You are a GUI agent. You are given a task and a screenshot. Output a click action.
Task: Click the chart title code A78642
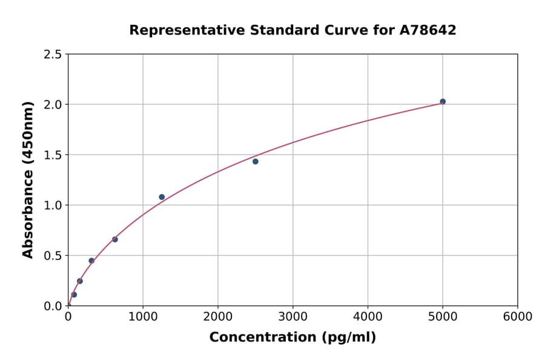coord(428,30)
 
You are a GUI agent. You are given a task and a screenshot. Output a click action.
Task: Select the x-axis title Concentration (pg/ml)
coord(292,338)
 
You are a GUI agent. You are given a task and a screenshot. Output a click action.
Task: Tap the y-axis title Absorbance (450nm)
coord(28,179)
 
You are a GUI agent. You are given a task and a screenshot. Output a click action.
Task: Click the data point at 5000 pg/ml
coord(443,102)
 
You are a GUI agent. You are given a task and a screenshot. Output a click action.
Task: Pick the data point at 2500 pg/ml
coord(256,161)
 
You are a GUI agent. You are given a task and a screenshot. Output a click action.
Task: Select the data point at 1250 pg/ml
coord(162,197)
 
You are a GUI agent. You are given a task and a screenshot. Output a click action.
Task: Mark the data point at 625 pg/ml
coord(115,239)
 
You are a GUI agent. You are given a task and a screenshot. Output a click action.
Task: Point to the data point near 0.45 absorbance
coord(91,261)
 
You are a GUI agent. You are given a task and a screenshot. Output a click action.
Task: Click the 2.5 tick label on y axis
coord(53,55)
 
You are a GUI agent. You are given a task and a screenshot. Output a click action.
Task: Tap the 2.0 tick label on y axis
coord(53,105)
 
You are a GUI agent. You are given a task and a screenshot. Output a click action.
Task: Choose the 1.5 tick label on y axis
coord(53,155)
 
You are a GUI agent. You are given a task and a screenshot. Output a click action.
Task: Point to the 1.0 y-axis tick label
coord(53,205)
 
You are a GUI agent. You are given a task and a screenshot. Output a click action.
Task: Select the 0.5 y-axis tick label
coord(53,256)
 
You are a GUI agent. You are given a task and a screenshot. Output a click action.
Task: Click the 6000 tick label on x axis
coord(517,317)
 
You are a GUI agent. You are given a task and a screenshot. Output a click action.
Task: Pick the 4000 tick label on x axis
coord(368,317)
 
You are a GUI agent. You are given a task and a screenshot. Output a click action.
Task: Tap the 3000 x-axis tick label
coord(292,317)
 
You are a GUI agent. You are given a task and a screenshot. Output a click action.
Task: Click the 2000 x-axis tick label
coord(218,317)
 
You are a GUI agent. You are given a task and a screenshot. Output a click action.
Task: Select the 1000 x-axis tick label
coord(143,317)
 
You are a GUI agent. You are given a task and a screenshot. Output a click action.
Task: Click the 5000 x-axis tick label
coord(443,317)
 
